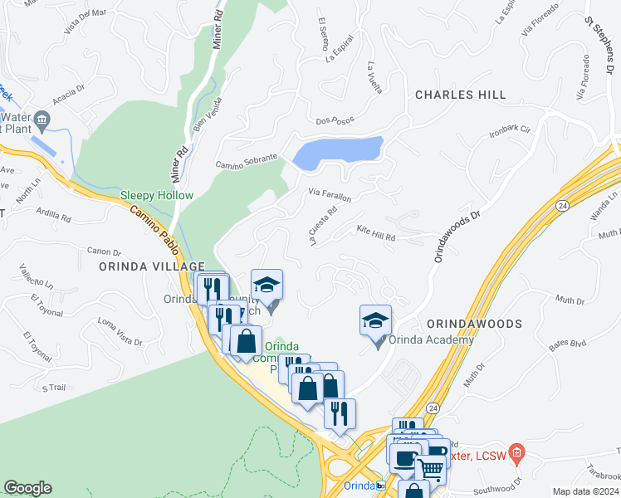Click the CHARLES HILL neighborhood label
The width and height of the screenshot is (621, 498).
coord(460,95)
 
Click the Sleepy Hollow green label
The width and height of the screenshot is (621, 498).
coord(157,196)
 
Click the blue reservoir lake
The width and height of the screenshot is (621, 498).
coord(336,153)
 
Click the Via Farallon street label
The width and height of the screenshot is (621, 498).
coord(330,195)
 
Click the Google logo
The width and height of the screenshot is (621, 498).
coord(27,488)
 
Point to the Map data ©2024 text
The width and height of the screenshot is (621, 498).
coord(584,491)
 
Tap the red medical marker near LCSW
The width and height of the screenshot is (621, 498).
coord(516,452)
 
